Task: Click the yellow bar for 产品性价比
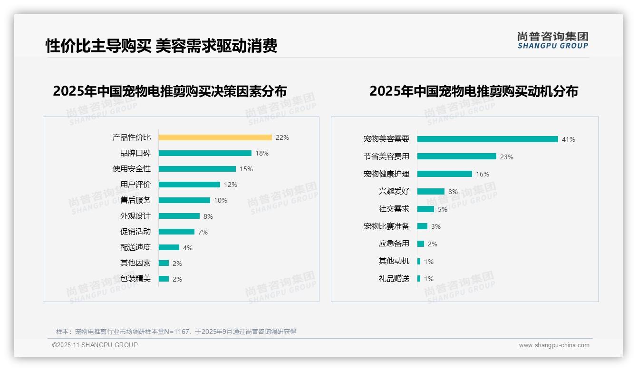point(215,137)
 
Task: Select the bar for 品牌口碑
point(205,153)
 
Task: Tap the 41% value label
point(568,139)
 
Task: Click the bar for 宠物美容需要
point(487,139)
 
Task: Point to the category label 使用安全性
point(132,169)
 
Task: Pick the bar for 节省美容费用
point(456,156)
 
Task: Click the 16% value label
point(482,174)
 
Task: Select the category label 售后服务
point(135,200)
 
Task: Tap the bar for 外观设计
point(179,216)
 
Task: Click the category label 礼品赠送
point(394,279)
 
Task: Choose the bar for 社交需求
point(425,209)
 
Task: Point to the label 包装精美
point(135,279)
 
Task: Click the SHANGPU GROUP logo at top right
point(552,40)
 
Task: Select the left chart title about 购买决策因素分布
point(170,91)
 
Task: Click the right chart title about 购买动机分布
point(473,91)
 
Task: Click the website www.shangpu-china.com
point(554,345)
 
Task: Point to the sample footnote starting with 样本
point(176,332)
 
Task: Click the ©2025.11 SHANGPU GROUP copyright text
point(95,345)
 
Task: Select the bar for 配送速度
point(169,247)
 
